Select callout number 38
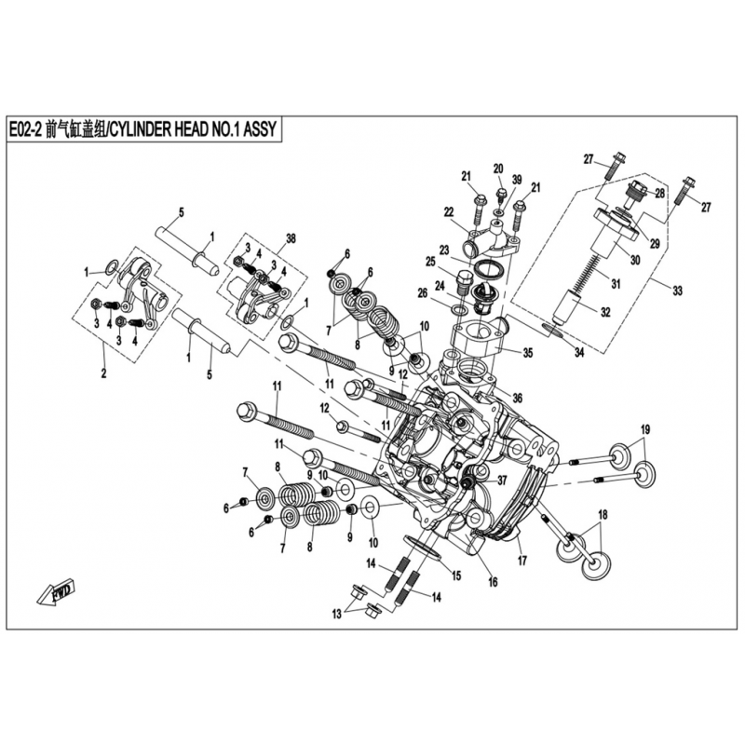coord(291,239)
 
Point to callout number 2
coord(103,373)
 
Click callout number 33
coord(678,291)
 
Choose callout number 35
coord(528,353)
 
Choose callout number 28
coord(659,194)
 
